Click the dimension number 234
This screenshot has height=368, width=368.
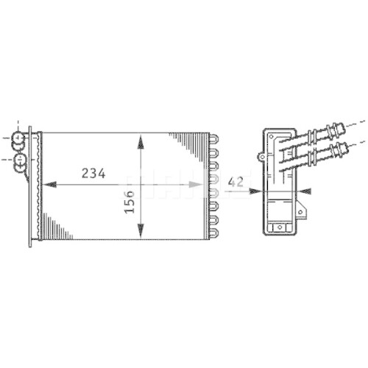tap(93, 174)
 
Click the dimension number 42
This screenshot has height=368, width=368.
tap(236, 181)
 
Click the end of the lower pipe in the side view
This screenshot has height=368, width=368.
tap(342, 152)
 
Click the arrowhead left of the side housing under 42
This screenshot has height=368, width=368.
tap(255, 190)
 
